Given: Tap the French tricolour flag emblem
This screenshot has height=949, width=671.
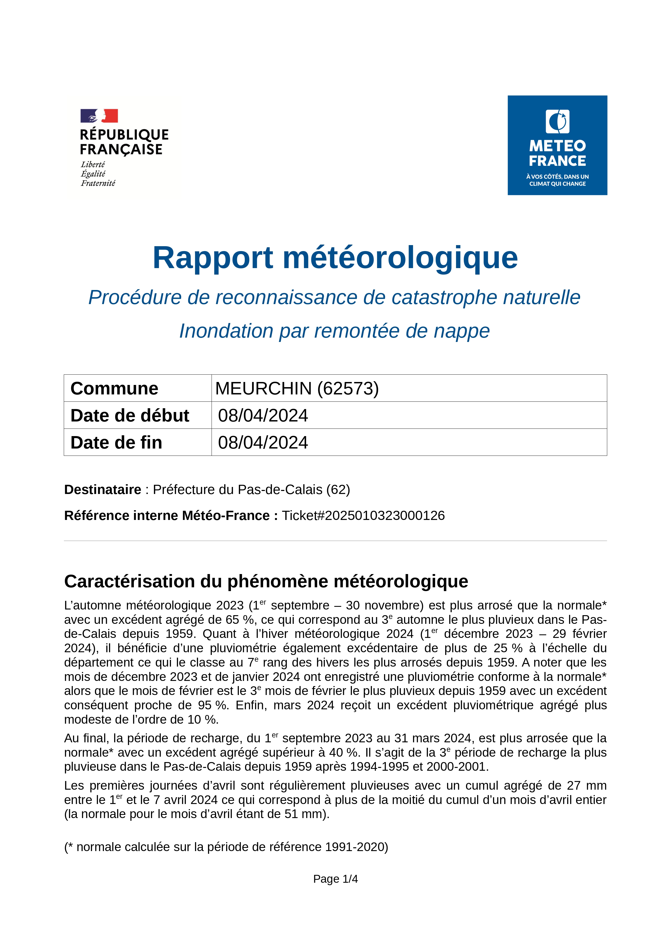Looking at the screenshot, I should (x=99, y=116).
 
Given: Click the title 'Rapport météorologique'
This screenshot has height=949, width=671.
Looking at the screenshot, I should (x=335, y=258).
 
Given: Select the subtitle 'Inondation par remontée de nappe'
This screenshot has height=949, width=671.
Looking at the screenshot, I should (x=334, y=331).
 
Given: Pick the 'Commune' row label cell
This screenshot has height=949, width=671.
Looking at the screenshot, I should (x=114, y=388).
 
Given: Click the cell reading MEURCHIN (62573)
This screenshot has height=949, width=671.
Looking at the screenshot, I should (x=297, y=388).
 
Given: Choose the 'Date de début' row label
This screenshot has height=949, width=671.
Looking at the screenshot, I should (x=130, y=416).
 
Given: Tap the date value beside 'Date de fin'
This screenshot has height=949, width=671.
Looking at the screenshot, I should (x=263, y=443).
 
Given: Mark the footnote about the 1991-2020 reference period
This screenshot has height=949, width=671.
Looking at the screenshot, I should (x=226, y=847).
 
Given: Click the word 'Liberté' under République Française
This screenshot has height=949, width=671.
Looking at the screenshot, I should (x=93, y=164).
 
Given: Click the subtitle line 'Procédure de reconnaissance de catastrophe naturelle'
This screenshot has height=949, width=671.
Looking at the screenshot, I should (x=334, y=298).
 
